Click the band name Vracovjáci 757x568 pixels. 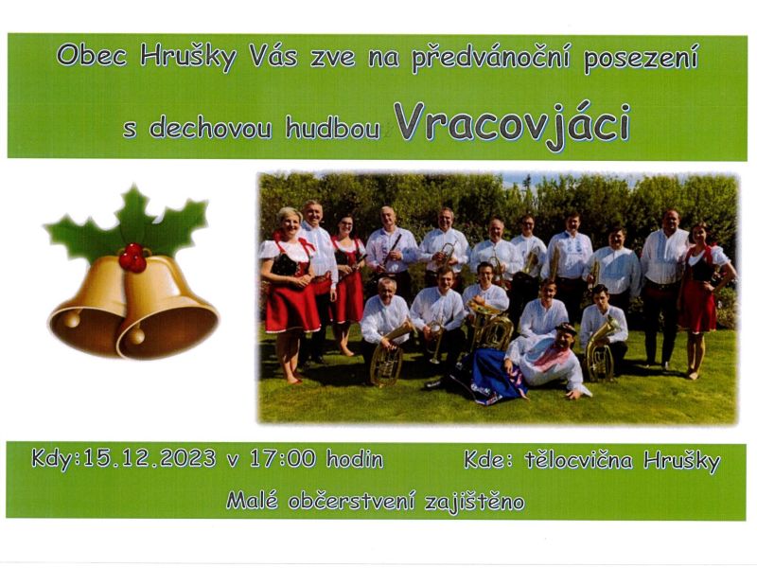point(512,124)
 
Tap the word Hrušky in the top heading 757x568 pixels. point(187,57)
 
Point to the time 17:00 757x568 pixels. point(282,459)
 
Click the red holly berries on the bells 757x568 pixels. point(132,257)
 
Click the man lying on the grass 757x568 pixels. point(549,360)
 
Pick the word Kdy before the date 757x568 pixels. point(52,459)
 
